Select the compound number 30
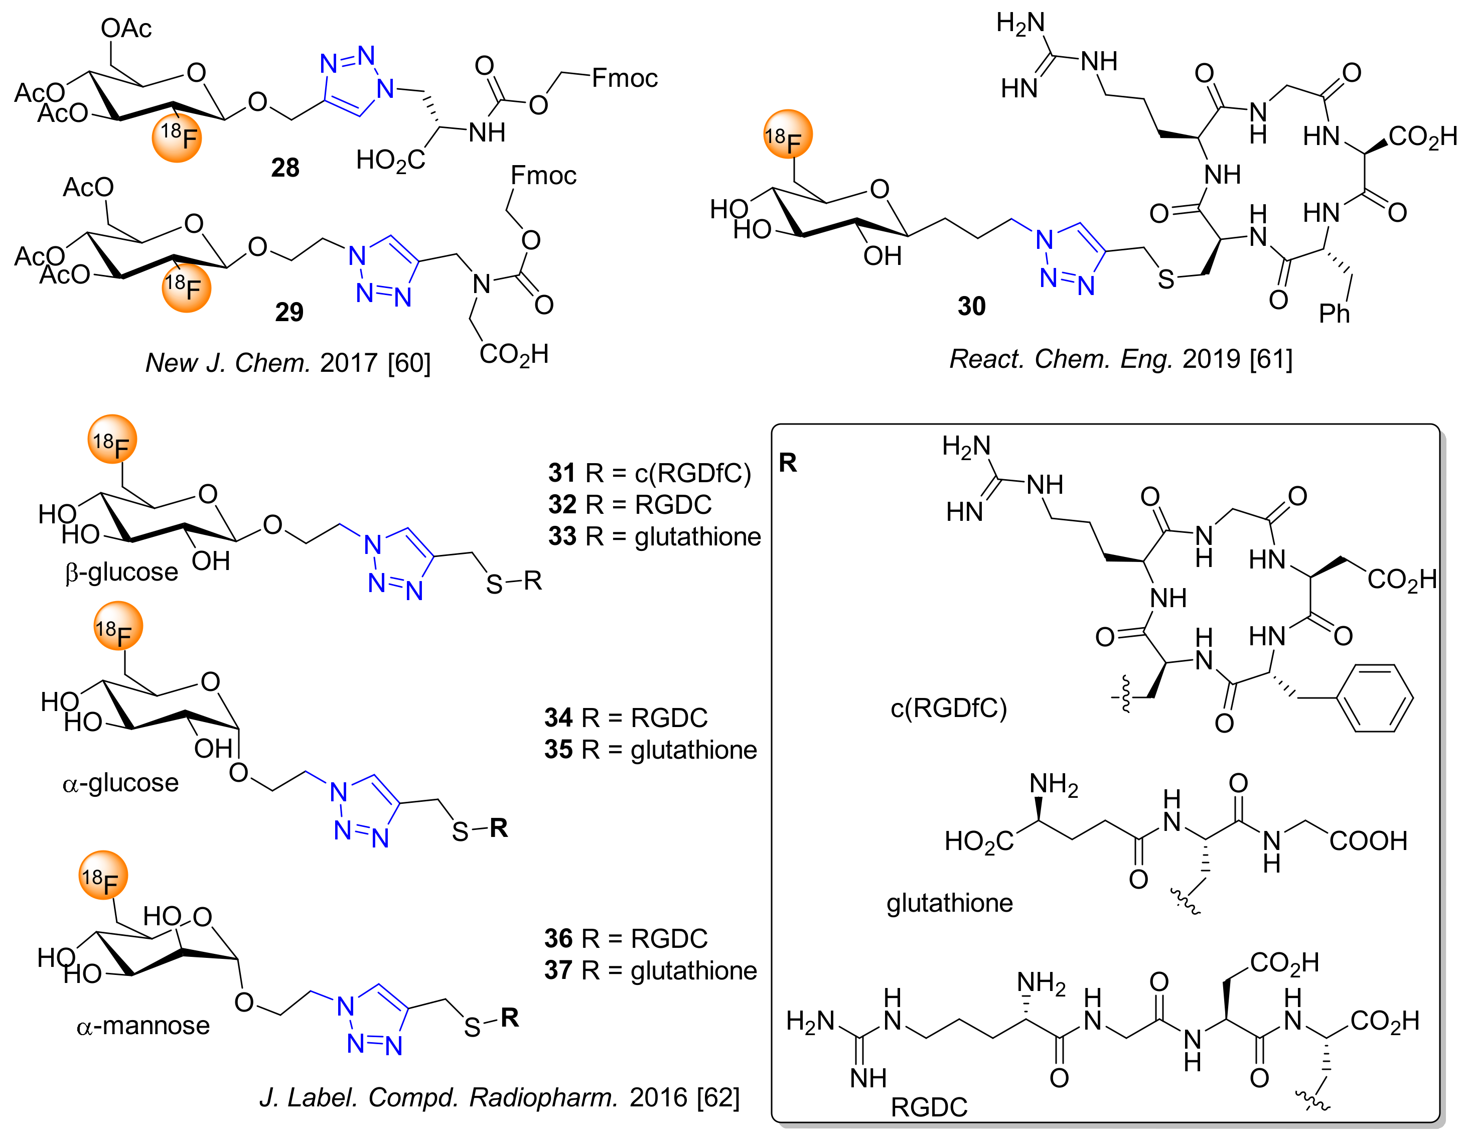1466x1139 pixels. (x=971, y=306)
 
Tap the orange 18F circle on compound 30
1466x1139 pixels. (x=788, y=134)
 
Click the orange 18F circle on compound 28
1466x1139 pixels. (x=177, y=137)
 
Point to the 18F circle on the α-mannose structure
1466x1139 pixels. (x=103, y=875)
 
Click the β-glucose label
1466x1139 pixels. (x=121, y=572)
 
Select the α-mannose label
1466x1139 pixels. (x=143, y=1026)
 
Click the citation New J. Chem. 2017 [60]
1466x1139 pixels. (x=288, y=363)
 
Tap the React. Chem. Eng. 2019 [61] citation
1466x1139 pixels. (x=1120, y=359)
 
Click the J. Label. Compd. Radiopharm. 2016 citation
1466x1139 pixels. (x=499, y=1097)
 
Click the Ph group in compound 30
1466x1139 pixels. (x=1334, y=314)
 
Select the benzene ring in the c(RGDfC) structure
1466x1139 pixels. (x=1374, y=698)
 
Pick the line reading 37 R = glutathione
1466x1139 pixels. (x=650, y=970)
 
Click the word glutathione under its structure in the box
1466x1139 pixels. (x=949, y=903)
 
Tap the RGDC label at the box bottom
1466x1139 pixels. (x=929, y=1107)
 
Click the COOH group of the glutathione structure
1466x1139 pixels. (x=1368, y=840)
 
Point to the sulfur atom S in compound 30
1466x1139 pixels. (x=1166, y=279)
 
